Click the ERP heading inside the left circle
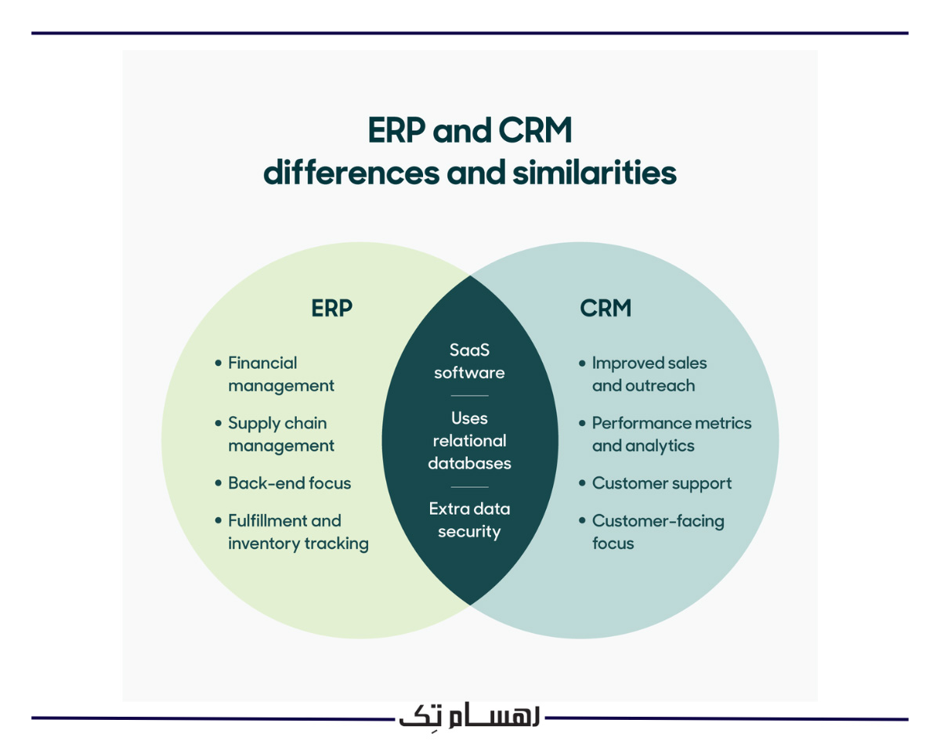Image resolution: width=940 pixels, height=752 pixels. tap(331, 309)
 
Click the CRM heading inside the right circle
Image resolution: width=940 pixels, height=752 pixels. tap(606, 309)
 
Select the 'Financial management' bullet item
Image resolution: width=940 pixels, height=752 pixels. tap(280, 374)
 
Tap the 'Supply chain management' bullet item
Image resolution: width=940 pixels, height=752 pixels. tap(280, 435)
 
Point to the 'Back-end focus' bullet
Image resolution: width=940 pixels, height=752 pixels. tap(289, 483)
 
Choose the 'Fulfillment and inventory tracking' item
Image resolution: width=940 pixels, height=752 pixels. tap(298, 532)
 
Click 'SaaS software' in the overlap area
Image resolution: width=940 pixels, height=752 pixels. tap(469, 361)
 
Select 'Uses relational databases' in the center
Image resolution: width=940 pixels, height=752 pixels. tap(469, 440)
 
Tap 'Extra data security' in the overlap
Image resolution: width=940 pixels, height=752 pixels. tap(469, 520)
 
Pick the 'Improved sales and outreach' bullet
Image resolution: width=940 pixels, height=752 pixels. tap(649, 374)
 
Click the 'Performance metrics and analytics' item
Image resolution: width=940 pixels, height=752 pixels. tap(671, 435)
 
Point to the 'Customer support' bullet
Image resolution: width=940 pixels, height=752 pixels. tap(661, 483)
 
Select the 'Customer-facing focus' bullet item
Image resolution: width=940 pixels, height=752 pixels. tap(657, 532)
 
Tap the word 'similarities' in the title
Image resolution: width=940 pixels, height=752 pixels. tap(594, 173)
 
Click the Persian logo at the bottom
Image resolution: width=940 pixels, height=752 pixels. tap(469, 717)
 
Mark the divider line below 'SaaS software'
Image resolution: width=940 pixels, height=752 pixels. tap(469, 396)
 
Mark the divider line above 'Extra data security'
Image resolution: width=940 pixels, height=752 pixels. tap(469, 486)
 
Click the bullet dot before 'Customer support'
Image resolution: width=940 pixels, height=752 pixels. tap(582, 483)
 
